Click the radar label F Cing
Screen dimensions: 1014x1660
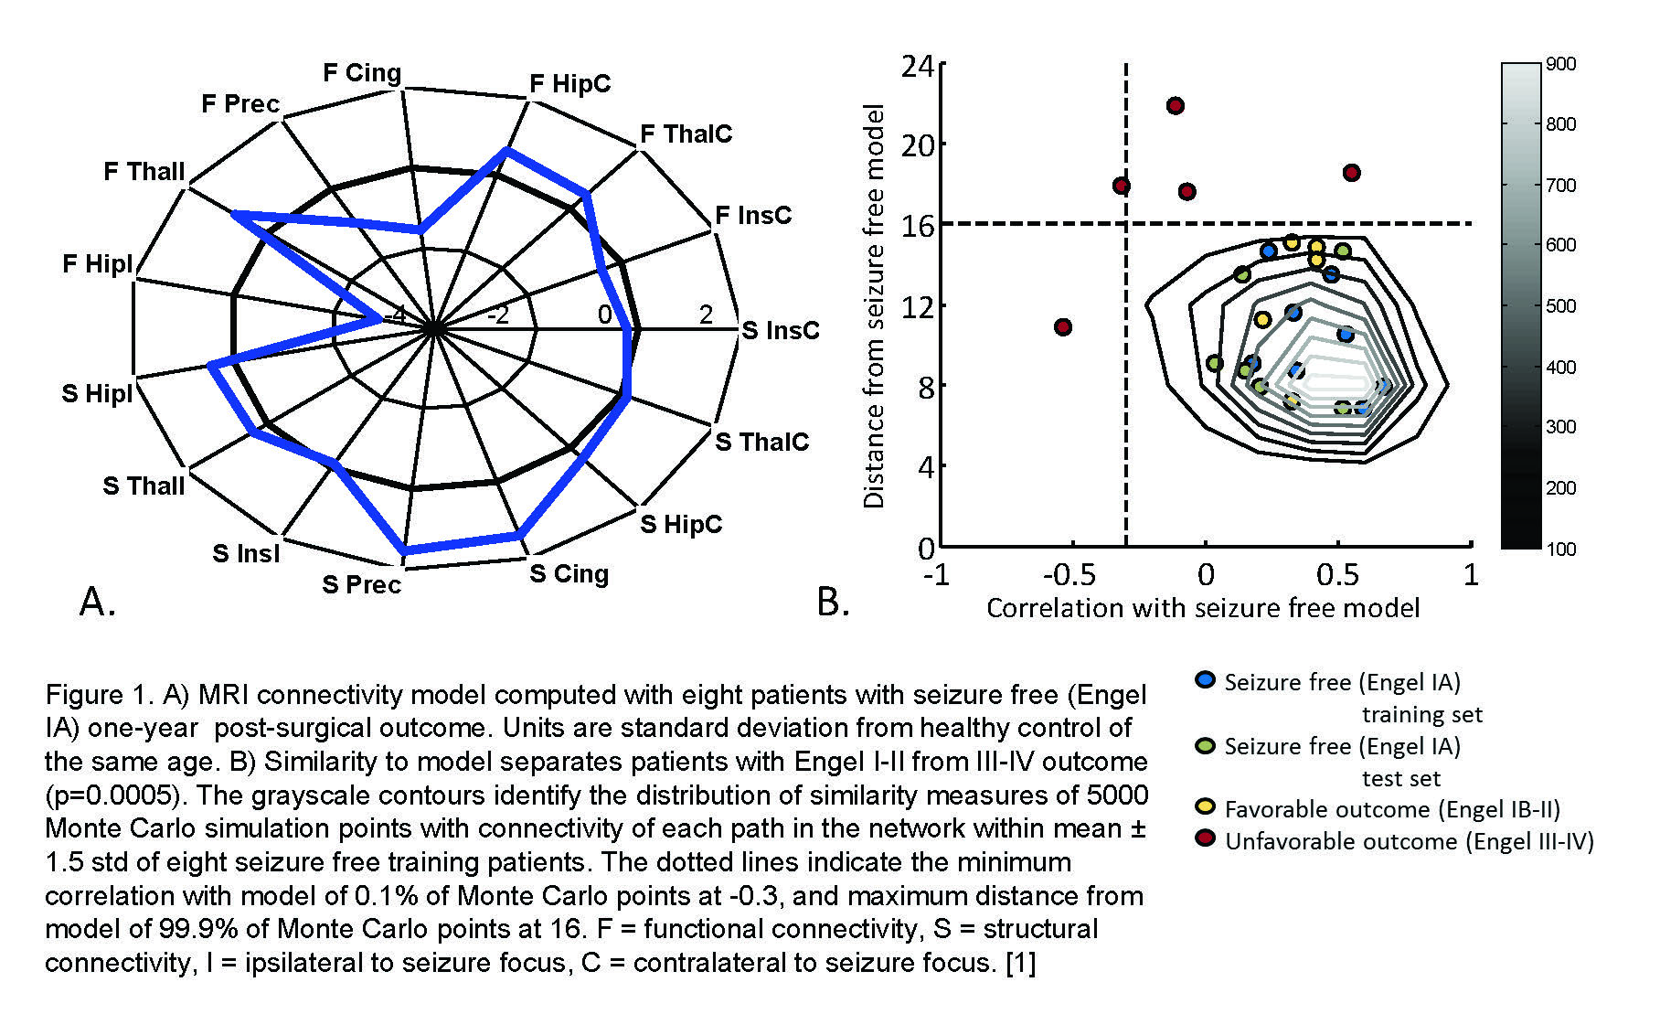click(362, 72)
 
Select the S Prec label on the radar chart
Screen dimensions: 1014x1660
click(361, 584)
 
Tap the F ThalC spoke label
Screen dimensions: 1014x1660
click(686, 134)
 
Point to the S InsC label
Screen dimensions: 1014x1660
click(780, 330)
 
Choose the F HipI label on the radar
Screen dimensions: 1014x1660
click(97, 264)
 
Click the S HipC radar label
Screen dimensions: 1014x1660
click(681, 524)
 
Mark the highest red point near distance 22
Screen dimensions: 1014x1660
click(1176, 106)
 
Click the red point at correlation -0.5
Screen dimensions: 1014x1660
click(1062, 327)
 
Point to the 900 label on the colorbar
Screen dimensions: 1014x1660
click(1561, 64)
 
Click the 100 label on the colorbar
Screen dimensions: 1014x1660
click(1561, 549)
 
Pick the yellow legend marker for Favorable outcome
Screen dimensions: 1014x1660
click(1206, 807)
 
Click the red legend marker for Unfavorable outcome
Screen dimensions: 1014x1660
click(1206, 839)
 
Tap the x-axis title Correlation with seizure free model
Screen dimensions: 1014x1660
click(1203, 609)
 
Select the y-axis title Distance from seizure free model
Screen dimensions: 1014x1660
click(875, 305)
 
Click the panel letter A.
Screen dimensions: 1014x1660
click(98, 602)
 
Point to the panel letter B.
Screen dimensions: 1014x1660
click(833, 602)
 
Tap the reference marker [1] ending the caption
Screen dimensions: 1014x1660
click(1020, 963)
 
